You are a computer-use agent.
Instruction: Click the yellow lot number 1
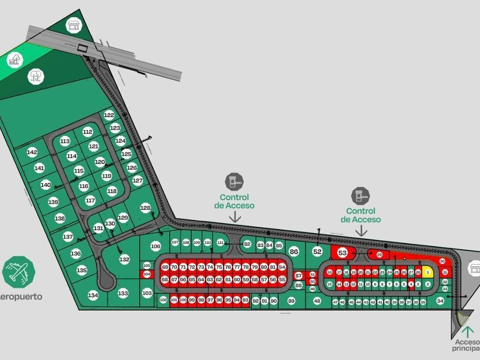point(427,273)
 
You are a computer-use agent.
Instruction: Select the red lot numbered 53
point(343,252)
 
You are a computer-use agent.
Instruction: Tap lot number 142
point(32,152)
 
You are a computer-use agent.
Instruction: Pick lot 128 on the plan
point(146,207)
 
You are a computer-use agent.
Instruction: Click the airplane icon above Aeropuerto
point(18,271)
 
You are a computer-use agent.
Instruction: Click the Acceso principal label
point(466,343)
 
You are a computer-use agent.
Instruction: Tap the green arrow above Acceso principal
point(469,330)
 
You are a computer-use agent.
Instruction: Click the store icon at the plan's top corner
point(73,24)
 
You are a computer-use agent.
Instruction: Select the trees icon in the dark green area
point(36,75)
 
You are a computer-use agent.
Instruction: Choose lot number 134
point(93,295)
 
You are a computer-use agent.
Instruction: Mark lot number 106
point(155,246)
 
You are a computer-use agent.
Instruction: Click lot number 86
point(294,251)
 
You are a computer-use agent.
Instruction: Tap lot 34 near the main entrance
point(440,300)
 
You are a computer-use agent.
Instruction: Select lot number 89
point(291,301)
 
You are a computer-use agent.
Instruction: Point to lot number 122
point(109,115)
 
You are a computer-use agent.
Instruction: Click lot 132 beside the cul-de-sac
point(125,259)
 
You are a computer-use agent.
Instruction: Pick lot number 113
point(65,141)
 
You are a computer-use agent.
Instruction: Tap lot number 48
point(317,301)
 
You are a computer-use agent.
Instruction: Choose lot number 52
point(318,251)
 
